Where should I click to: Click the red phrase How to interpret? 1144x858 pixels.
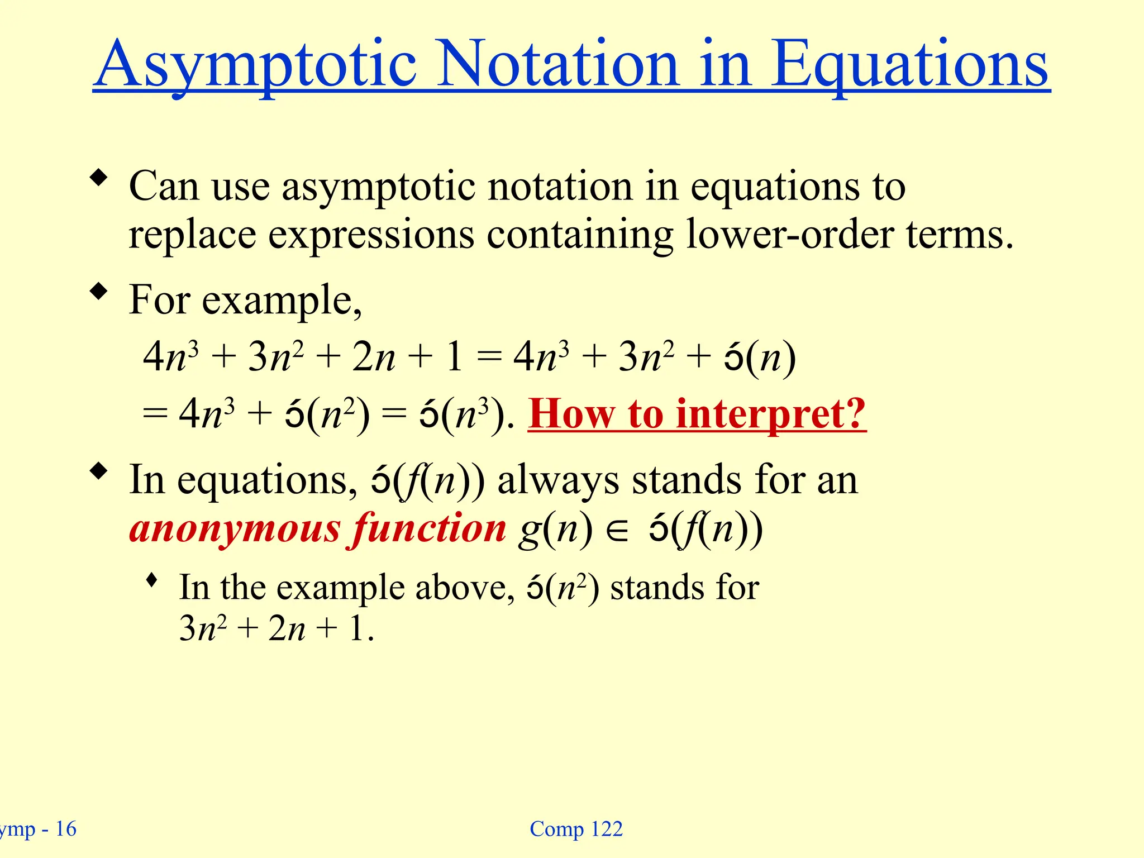(697, 414)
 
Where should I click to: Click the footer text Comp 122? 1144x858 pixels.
(576, 829)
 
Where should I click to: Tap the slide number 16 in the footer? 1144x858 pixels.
(66, 829)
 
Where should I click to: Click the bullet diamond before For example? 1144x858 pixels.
(99, 291)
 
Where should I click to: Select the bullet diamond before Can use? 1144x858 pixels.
(99, 178)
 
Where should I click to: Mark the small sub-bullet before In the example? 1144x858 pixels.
(151, 581)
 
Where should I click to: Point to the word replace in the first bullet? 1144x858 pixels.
(192, 235)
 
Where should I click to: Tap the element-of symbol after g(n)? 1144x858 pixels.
(617, 531)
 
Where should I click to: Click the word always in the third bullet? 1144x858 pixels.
(558, 480)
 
